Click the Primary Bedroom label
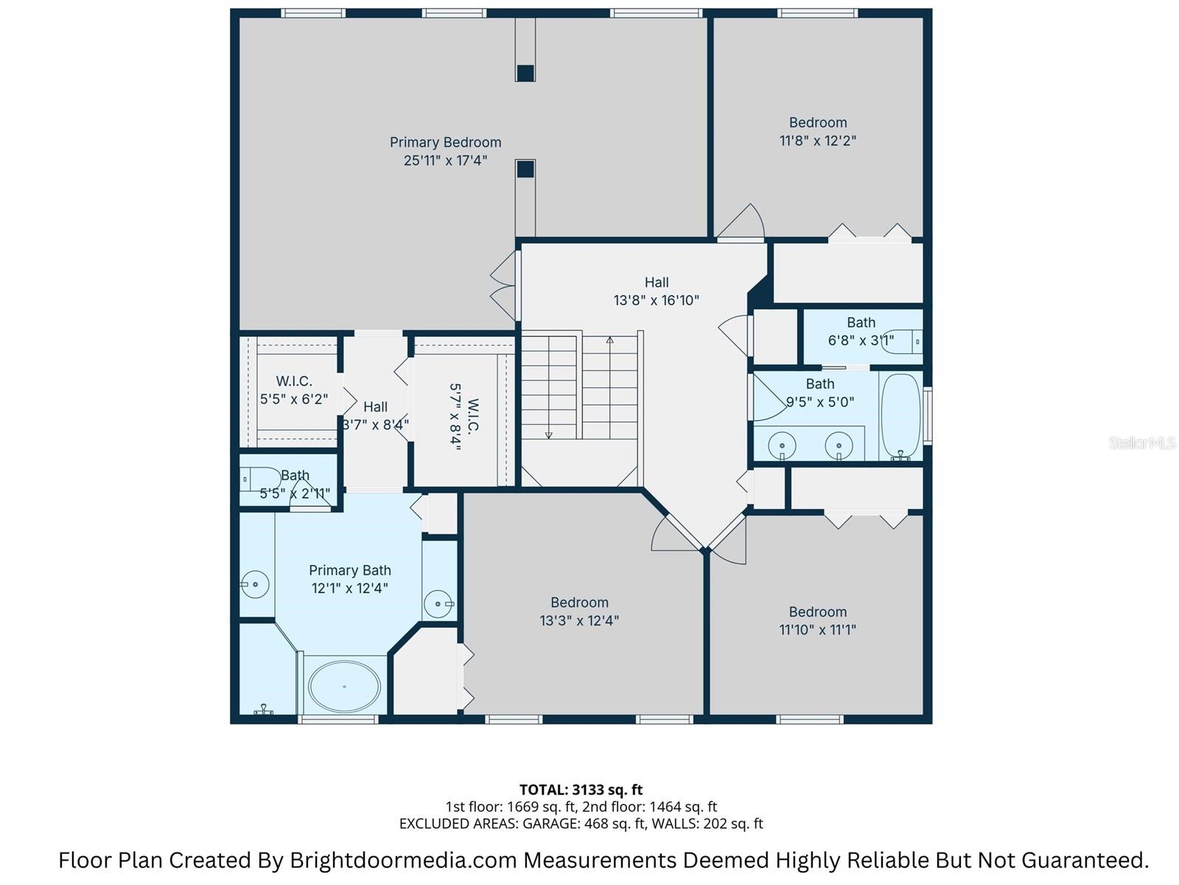tap(445, 142)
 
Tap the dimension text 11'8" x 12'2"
tap(817, 140)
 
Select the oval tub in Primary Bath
tap(344, 686)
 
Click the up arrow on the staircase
tap(609, 341)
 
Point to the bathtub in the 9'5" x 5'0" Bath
tap(900, 416)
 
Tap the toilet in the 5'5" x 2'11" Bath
tap(259, 479)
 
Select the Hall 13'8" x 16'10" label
tap(656, 291)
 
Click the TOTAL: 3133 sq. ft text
tap(581, 790)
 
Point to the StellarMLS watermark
tap(1141, 442)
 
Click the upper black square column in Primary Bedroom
tap(525, 73)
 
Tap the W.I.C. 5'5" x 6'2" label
tap(294, 390)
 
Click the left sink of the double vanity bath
tap(782, 446)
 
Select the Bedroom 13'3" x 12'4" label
tap(579, 611)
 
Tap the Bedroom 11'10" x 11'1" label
tap(817, 620)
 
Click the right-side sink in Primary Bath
tap(438, 604)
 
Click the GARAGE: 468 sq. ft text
tap(575, 824)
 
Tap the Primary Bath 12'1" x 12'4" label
tap(349, 579)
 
